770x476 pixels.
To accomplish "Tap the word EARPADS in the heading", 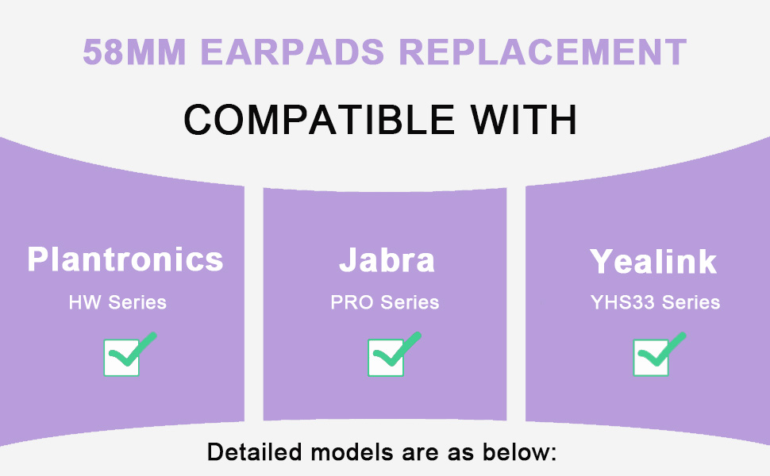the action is (x=293, y=52).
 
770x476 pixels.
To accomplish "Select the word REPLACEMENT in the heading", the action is (x=543, y=52).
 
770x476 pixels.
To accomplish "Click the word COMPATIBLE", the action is (x=319, y=120).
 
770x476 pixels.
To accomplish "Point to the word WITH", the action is (x=523, y=120).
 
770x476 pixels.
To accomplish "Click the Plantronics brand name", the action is (x=125, y=259).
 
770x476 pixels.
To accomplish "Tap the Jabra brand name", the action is (x=387, y=259).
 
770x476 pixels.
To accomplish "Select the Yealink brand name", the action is (x=653, y=261).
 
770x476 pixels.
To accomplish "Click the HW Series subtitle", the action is (x=117, y=302).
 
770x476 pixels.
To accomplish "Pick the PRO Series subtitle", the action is (x=385, y=302).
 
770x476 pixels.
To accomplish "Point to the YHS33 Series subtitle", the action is (x=655, y=302).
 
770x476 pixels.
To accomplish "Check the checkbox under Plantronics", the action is (x=121, y=358).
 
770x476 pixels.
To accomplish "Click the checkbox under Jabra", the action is (x=386, y=358).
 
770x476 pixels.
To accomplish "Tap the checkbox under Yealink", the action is (x=651, y=358).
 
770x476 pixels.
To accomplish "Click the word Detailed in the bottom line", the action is (x=254, y=452).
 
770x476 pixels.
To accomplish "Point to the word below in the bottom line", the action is (x=520, y=452).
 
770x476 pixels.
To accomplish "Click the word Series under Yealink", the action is (x=691, y=302).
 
